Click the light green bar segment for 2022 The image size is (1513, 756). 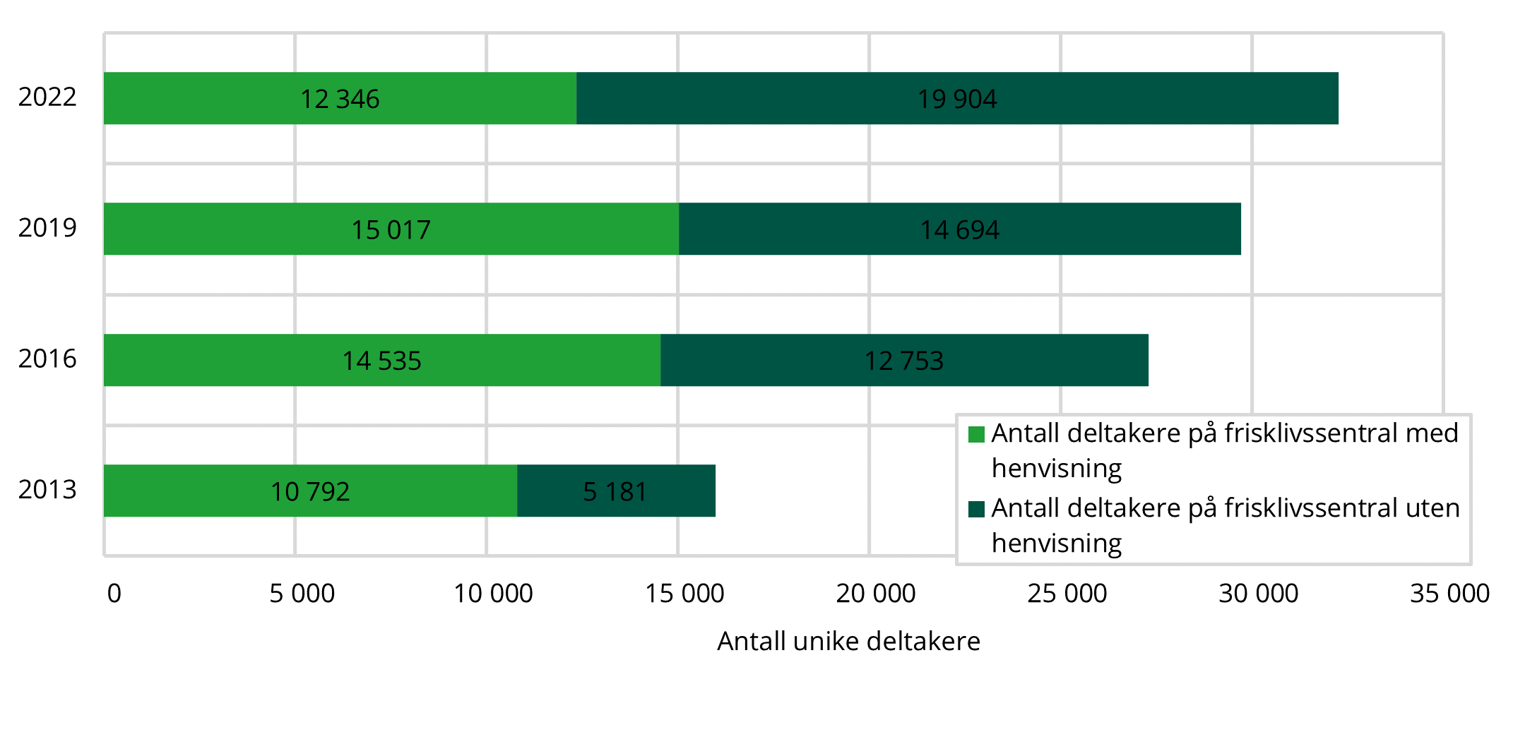pos(212,98)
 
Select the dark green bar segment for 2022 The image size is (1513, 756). pos(1130,98)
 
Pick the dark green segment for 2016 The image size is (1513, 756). pos(1024,360)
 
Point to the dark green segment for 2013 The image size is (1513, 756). pos(678,491)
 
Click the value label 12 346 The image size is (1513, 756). pos(340,100)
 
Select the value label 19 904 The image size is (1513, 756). pos(957,100)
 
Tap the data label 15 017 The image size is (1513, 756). pos(391,230)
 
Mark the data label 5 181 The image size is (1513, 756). pos(615,492)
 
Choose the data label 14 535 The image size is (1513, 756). pos(381,361)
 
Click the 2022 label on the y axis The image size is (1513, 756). pos(47,97)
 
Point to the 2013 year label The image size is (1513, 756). pos(47,489)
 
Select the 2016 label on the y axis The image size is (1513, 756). pos(47,359)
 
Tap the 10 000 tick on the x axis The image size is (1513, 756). pos(493,594)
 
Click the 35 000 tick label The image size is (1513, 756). pos(1449,594)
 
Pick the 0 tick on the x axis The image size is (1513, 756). pos(114,594)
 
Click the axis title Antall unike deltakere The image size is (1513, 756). pos(848,642)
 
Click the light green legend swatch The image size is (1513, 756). pos(976,434)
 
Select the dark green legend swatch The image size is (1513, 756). pos(976,509)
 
